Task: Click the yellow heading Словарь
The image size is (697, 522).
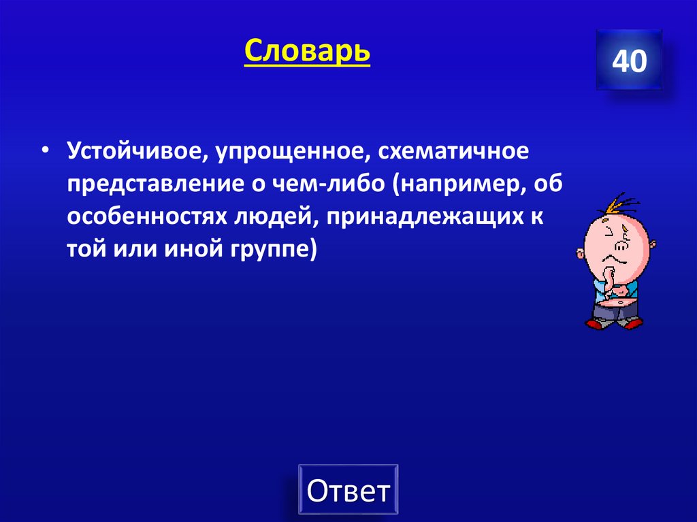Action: (x=307, y=51)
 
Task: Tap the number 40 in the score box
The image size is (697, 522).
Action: (x=629, y=62)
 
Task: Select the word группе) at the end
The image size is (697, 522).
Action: (x=268, y=250)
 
